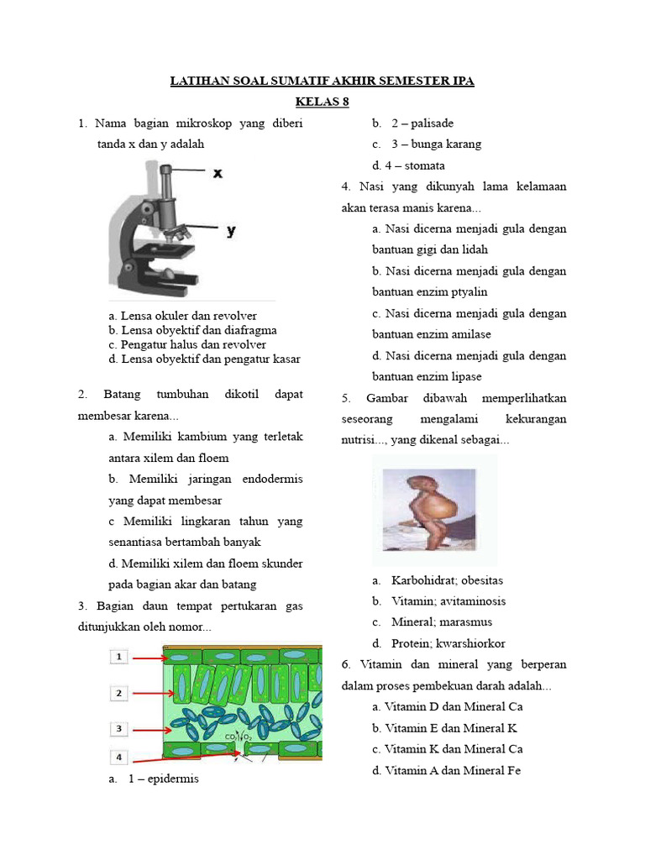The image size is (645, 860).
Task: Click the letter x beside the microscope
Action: point(218,173)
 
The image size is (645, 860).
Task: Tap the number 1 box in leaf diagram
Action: point(119,657)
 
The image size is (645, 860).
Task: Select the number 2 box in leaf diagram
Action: point(119,693)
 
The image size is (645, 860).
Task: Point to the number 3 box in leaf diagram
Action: point(119,728)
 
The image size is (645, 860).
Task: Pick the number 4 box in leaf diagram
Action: point(119,757)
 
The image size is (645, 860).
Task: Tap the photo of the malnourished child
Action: point(434,509)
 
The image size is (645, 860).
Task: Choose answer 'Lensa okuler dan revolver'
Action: point(182,316)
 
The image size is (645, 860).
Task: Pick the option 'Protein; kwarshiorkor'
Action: point(448,643)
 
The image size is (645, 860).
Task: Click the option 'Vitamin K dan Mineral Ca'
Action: point(454,749)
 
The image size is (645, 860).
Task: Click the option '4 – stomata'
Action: point(409,165)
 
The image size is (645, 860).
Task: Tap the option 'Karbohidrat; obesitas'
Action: point(447,580)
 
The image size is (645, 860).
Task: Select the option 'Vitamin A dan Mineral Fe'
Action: point(453,770)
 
